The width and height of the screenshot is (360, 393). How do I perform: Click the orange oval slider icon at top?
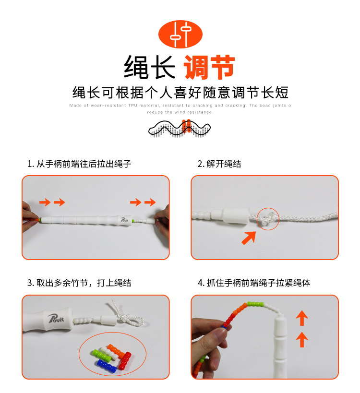pyautogui.click(x=180, y=35)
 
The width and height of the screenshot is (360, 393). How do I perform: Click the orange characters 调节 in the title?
pyautogui.click(x=209, y=67)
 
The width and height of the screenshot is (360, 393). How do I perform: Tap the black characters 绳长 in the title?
pyautogui.click(x=149, y=67)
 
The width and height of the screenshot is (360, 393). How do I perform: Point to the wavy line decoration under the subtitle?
pyautogui.click(x=180, y=129)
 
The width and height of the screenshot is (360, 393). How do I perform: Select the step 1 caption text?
pyautogui.click(x=79, y=164)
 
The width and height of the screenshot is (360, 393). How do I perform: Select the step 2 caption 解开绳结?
pyautogui.click(x=219, y=164)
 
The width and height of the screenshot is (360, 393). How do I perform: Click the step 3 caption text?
pyautogui.click(x=79, y=283)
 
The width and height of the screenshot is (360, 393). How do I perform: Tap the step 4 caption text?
pyautogui.click(x=254, y=283)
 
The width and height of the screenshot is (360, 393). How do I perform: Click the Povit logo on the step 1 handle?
pyautogui.click(x=124, y=220)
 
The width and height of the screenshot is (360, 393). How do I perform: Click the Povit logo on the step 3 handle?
pyautogui.click(x=56, y=318)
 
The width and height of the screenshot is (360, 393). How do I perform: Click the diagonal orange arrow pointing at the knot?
pyautogui.click(x=249, y=238)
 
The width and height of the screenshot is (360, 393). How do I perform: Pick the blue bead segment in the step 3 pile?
pyautogui.click(x=107, y=367)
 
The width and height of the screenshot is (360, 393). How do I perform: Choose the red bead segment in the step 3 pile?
pyautogui.click(x=125, y=360)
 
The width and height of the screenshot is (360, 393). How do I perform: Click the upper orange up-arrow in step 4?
pyautogui.click(x=302, y=318)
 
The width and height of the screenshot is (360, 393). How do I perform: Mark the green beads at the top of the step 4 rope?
pyautogui.click(x=255, y=304)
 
